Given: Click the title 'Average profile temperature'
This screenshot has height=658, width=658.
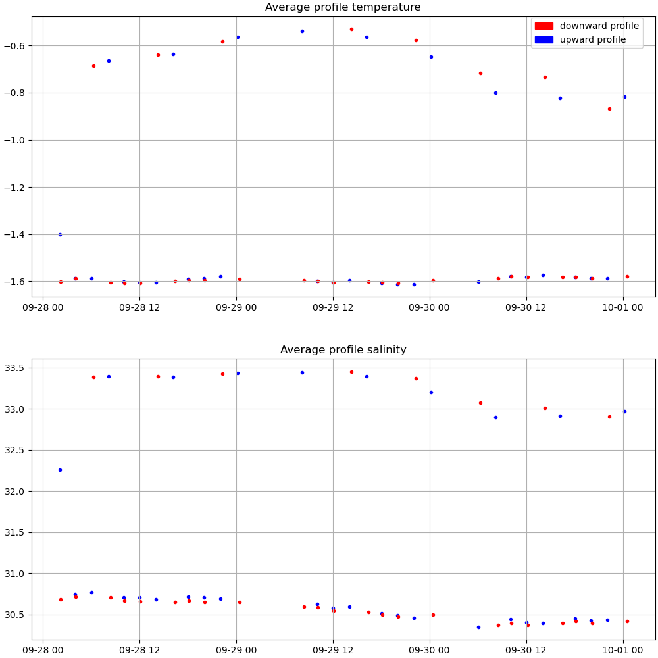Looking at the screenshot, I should coord(343,7).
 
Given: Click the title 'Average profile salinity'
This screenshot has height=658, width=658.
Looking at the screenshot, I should coord(343,350).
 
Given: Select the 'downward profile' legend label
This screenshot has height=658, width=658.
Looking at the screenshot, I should coord(599,26).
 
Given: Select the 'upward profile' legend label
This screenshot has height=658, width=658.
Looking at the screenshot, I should coord(592,40).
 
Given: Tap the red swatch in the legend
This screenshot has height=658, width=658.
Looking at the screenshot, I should coord(544,26).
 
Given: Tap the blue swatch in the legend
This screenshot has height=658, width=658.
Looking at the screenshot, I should coord(544,40).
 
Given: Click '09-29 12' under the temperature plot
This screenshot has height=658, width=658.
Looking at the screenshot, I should coord(333,307).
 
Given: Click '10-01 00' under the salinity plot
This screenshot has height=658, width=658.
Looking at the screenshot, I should coord(623,650).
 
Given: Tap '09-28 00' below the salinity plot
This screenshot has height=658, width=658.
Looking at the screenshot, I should coord(43,650).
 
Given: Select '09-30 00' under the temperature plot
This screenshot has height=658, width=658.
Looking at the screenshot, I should coord(430,307).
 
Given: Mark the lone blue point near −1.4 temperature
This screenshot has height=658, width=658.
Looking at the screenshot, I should coord(60,234).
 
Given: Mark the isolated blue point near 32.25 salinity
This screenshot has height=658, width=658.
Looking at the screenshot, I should coord(60,470).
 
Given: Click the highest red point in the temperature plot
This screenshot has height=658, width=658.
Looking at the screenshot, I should coord(351,29).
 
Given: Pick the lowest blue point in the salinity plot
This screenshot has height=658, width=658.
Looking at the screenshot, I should coord(478,627).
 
